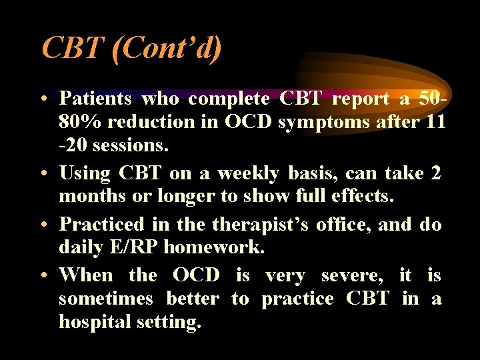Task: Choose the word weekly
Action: click(x=250, y=173)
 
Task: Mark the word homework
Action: click(x=214, y=248)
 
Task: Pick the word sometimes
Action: click(x=105, y=299)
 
